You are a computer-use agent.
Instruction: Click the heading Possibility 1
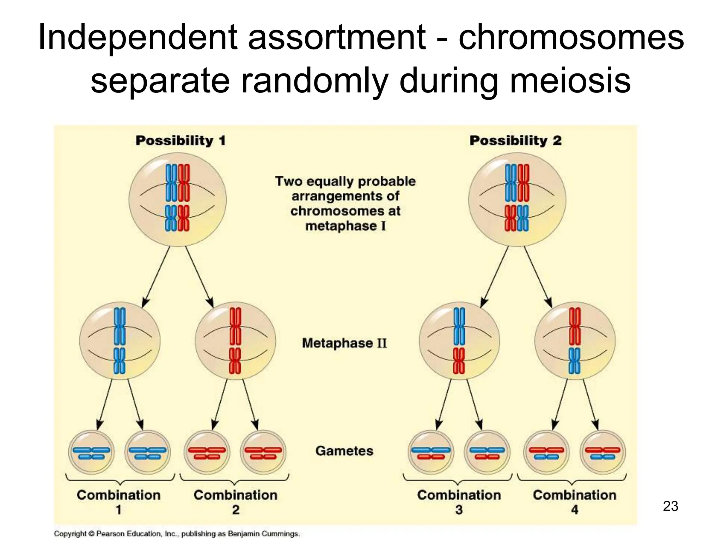(x=180, y=140)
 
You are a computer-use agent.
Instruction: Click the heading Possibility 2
(x=515, y=140)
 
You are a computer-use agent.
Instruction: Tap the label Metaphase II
(x=344, y=343)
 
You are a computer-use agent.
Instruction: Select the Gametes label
(x=344, y=451)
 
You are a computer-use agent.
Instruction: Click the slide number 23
(x=671, y=506)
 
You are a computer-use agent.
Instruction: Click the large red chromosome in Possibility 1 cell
(x=184, y=183)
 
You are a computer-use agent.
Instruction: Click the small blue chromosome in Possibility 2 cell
(x=523, y=218)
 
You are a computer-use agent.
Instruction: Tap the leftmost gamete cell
(x=91, y=452)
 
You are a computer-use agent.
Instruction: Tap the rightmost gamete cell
(x=602, y=452)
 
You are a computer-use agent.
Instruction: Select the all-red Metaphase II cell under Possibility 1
(x=235, y=341)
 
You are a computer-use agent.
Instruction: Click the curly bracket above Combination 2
(x=234, y=479)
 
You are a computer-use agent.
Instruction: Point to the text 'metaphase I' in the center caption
(x=345, y=226)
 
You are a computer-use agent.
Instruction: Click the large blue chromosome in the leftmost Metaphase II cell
(x=120, y=326)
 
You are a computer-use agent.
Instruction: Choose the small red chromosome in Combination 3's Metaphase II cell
(x=459, y=361)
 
